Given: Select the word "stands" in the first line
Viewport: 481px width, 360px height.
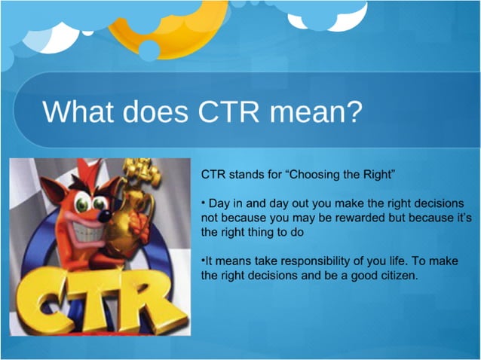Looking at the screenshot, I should pyautogui.click(x=242, y=174).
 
